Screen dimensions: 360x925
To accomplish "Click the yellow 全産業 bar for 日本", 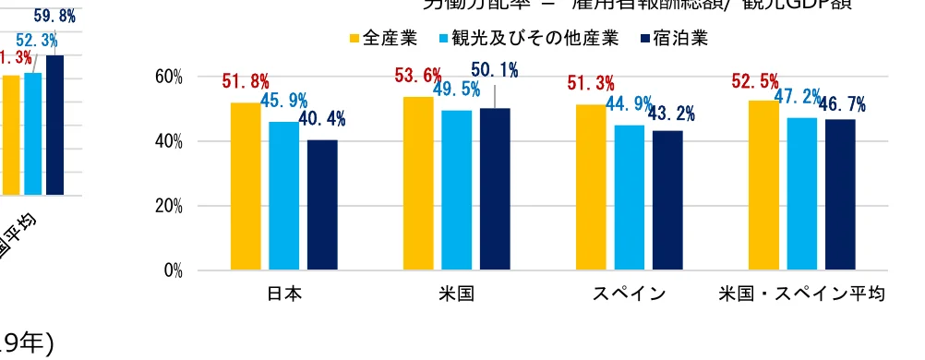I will click(246, 186).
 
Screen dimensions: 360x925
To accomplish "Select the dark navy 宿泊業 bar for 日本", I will click(322, 204).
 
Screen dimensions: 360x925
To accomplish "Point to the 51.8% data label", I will click(245, 81).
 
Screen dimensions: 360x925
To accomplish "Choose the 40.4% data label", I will click(322, 119).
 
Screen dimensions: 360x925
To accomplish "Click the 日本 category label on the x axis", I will click(284, 295).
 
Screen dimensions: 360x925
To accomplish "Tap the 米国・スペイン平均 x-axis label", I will click(802, 295).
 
